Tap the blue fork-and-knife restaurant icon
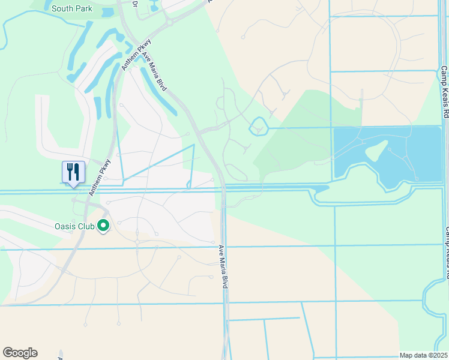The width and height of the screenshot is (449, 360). tap(73, 172)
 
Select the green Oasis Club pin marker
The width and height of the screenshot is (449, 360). tap(103, 226)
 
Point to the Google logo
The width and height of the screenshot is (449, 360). tap(20, 353)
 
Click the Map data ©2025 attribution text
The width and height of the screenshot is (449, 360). tap(423, 355)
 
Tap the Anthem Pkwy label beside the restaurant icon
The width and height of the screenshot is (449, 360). tap(100, 177)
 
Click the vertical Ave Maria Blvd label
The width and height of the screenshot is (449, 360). tap(223, 267)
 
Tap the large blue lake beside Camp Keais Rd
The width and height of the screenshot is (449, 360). tap(414, 150)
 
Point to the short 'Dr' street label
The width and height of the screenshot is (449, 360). tap(134, 4)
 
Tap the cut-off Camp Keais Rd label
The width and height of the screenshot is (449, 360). tap(447, 252)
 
